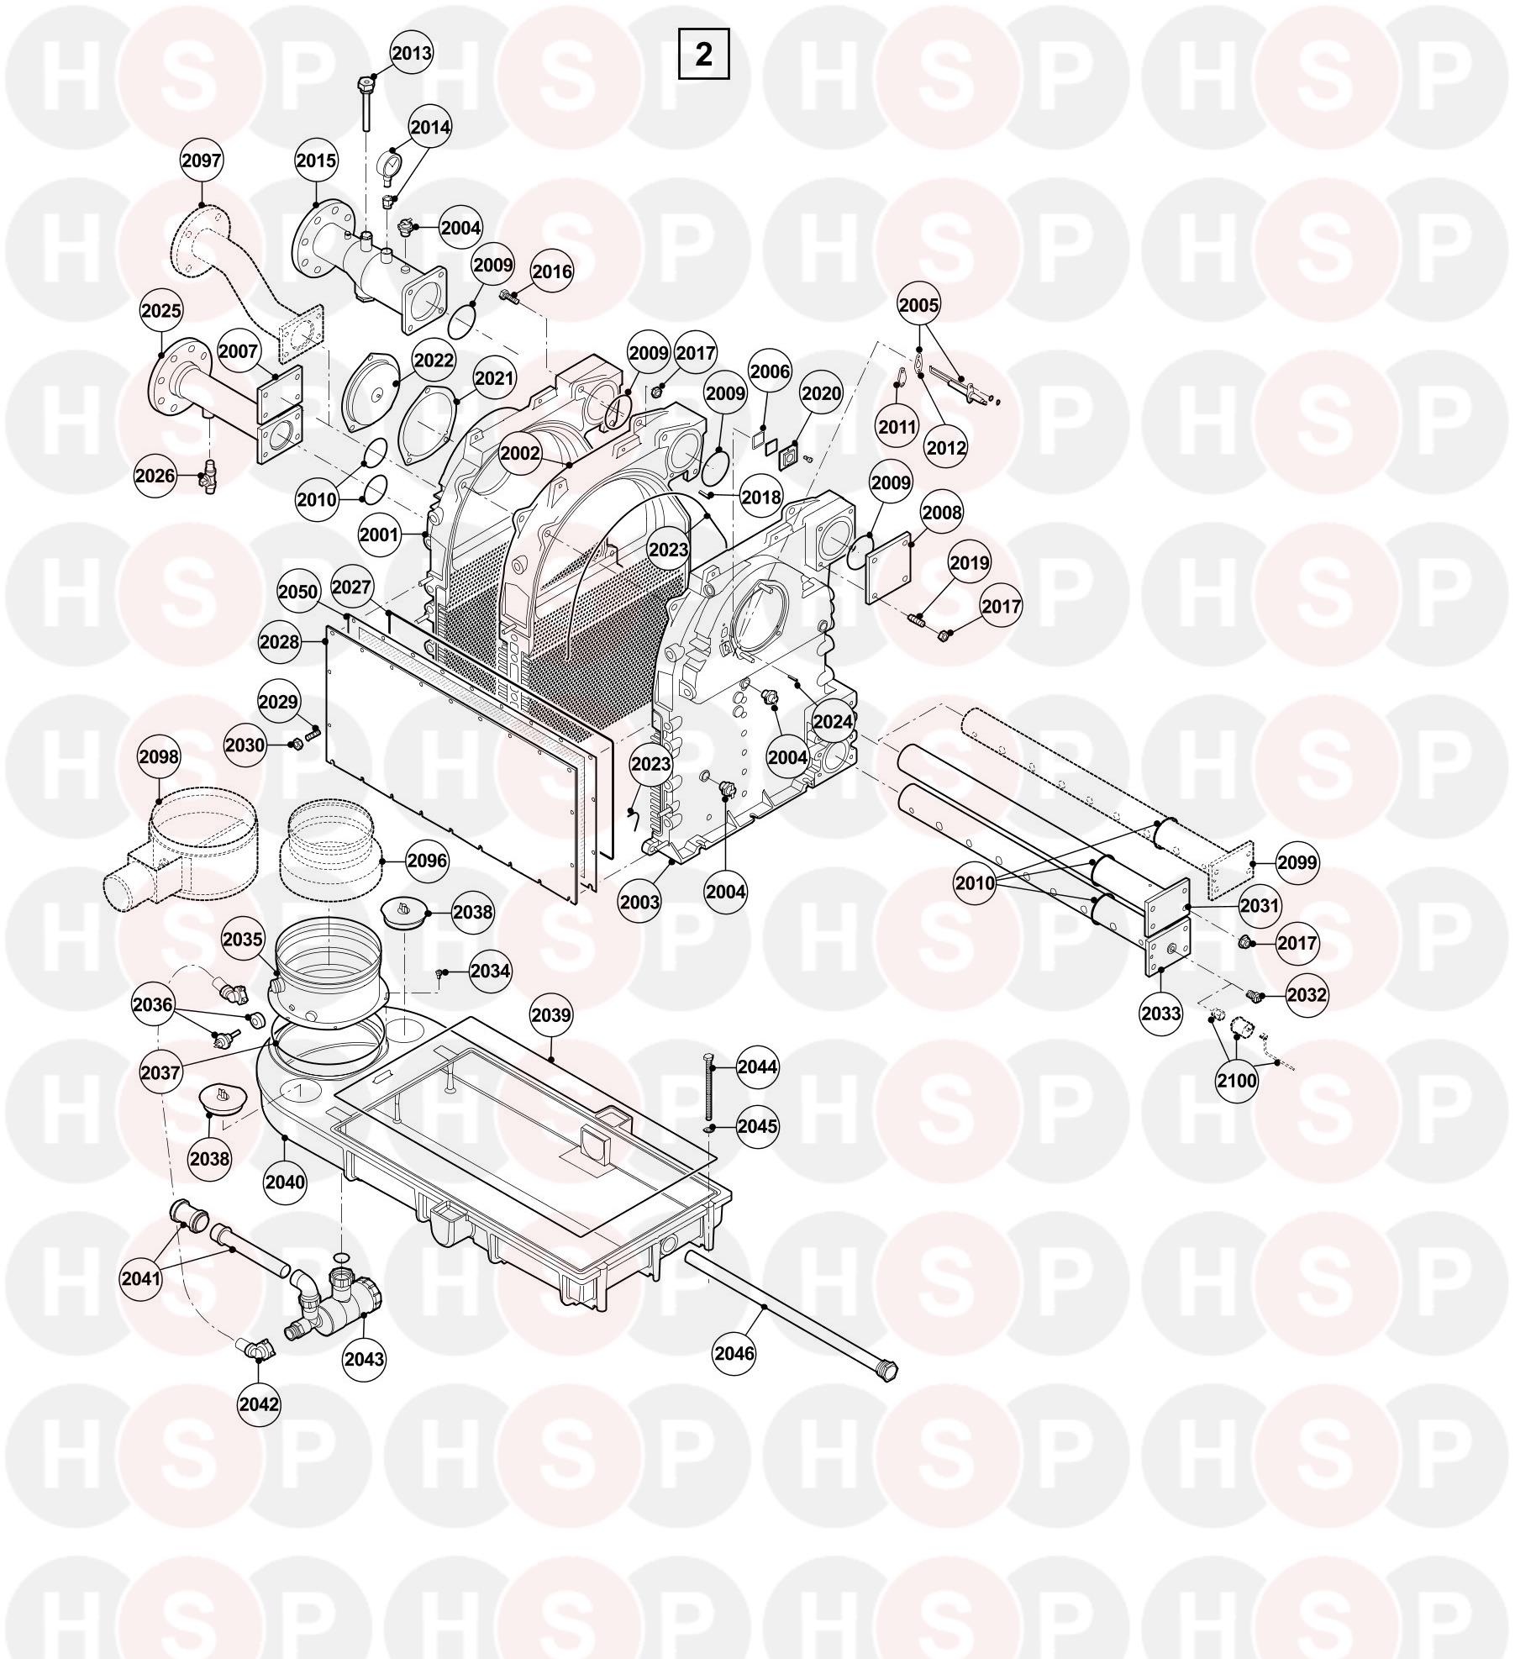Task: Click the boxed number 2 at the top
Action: [x=703, y=54]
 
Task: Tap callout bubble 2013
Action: [x=412, y=54]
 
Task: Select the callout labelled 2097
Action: [x=202, y=161]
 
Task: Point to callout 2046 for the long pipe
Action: [x=734, y=1352]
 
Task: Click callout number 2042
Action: [x=259, y=1404]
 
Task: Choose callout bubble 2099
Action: [x=1297, y=861]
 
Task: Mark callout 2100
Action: [x=1237, y=1079]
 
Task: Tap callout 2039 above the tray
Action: [x=551, y=1014]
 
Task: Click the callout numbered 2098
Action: [x=159, y=756]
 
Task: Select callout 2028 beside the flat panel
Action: [x=280, y=641]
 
